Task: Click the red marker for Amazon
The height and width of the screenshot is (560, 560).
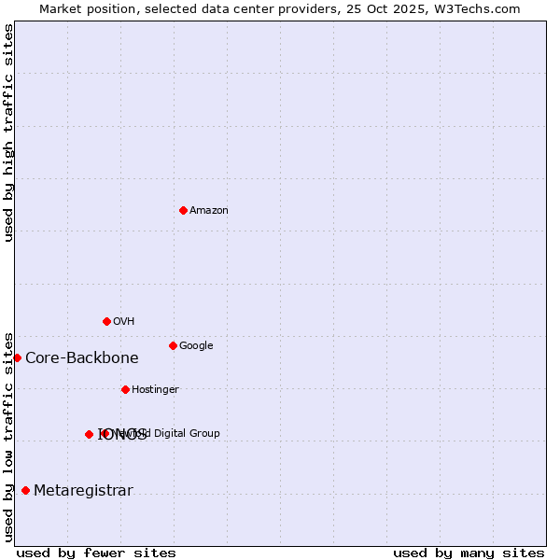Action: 183,210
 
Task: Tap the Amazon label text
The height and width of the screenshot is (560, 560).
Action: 209,211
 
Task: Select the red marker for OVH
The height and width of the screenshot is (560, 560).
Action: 106,321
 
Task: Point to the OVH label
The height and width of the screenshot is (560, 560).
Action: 124,322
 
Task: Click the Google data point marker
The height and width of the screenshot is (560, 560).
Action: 173,345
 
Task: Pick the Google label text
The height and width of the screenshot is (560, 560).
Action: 196,346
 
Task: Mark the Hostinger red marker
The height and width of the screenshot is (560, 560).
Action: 125,389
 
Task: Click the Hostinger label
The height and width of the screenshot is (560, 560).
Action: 155,390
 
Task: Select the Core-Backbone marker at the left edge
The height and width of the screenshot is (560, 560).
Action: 17,357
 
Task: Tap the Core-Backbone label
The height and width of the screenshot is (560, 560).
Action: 82,358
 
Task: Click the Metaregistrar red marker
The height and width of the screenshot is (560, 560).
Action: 25,490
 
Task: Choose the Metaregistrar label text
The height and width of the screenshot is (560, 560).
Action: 83,491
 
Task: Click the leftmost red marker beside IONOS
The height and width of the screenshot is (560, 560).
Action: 89,434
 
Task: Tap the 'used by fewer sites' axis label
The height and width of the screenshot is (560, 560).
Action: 96,553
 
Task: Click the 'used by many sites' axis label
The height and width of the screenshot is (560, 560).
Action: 469,553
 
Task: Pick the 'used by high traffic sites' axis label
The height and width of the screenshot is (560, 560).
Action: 8,133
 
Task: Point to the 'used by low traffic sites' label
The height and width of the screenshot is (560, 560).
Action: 8,436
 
